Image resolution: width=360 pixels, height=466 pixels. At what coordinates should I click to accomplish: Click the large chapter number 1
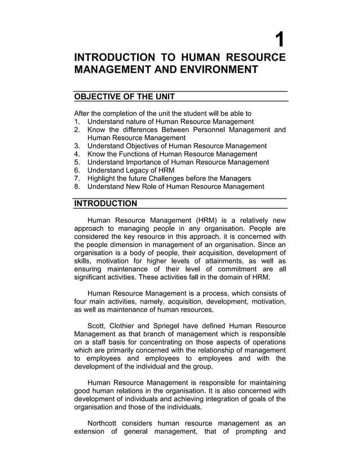click(x=279, y=39)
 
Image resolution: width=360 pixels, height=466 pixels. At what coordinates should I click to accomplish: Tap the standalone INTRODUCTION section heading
click(x=106, y=203)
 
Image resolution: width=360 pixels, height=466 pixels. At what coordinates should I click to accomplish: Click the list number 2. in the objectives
click(x=78, y=130)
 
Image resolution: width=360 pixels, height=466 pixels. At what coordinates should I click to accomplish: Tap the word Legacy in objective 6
click(x=138, y=170)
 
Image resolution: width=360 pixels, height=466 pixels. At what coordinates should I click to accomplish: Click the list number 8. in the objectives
click(x=78, y=187)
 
